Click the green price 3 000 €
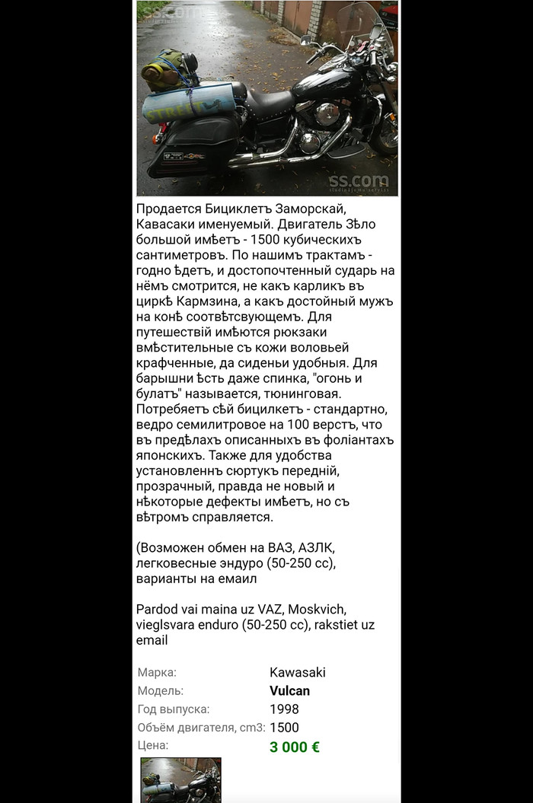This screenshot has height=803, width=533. (294, 746)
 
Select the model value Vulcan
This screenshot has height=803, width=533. (289, 691)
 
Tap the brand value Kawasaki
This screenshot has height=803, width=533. (298, 673)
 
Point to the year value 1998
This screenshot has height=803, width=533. (284, 709)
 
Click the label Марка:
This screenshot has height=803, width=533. (157, 673)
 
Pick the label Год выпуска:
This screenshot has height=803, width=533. (174, 709)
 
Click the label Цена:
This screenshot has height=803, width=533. (153, 746)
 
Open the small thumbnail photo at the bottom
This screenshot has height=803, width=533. (180, 779)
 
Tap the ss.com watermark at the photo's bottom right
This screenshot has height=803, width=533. (358, 182)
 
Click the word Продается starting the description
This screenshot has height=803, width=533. (170, 209)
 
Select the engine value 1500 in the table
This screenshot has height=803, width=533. (284, 728)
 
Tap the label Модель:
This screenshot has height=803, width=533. (160, 691)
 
